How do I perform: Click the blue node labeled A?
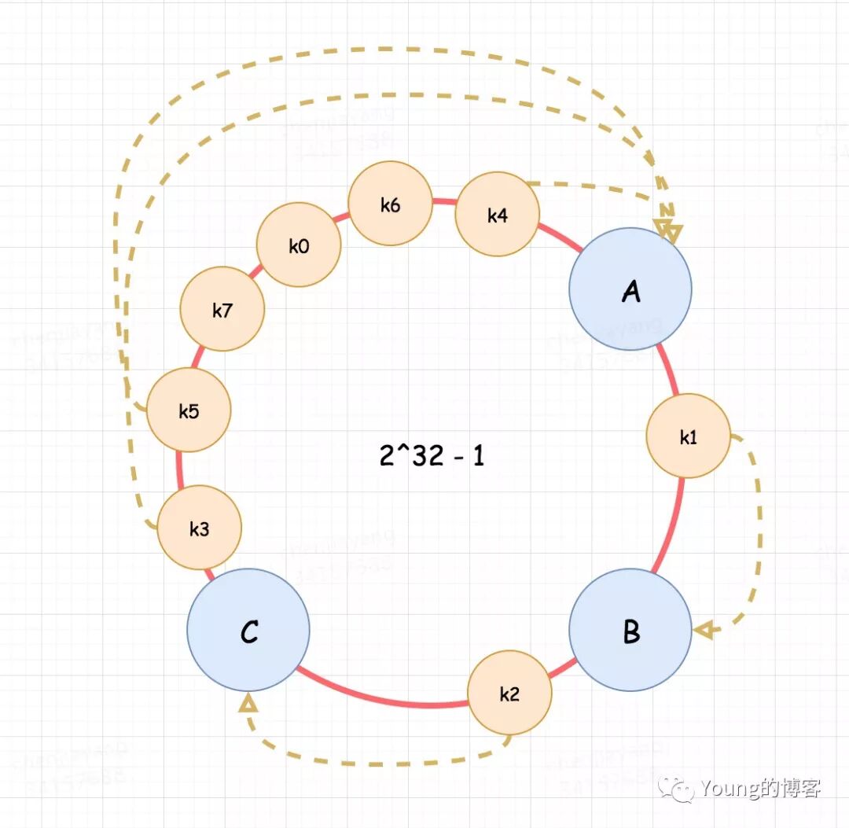tap(630, 289)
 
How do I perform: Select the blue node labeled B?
tap(630, 630)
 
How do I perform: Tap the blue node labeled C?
tap(248, 630)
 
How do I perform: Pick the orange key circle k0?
tap(299, 246)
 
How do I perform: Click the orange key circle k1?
tap(688, 436)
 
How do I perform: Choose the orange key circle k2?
tap(509, 693)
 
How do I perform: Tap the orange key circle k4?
tap(498, 215)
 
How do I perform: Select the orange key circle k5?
tap(189, 410)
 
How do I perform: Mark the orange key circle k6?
tap(390, 205)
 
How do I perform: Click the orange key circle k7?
tap(222, 310)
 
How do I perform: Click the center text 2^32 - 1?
tap(432, 455)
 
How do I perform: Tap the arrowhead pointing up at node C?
tap(248, 702)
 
